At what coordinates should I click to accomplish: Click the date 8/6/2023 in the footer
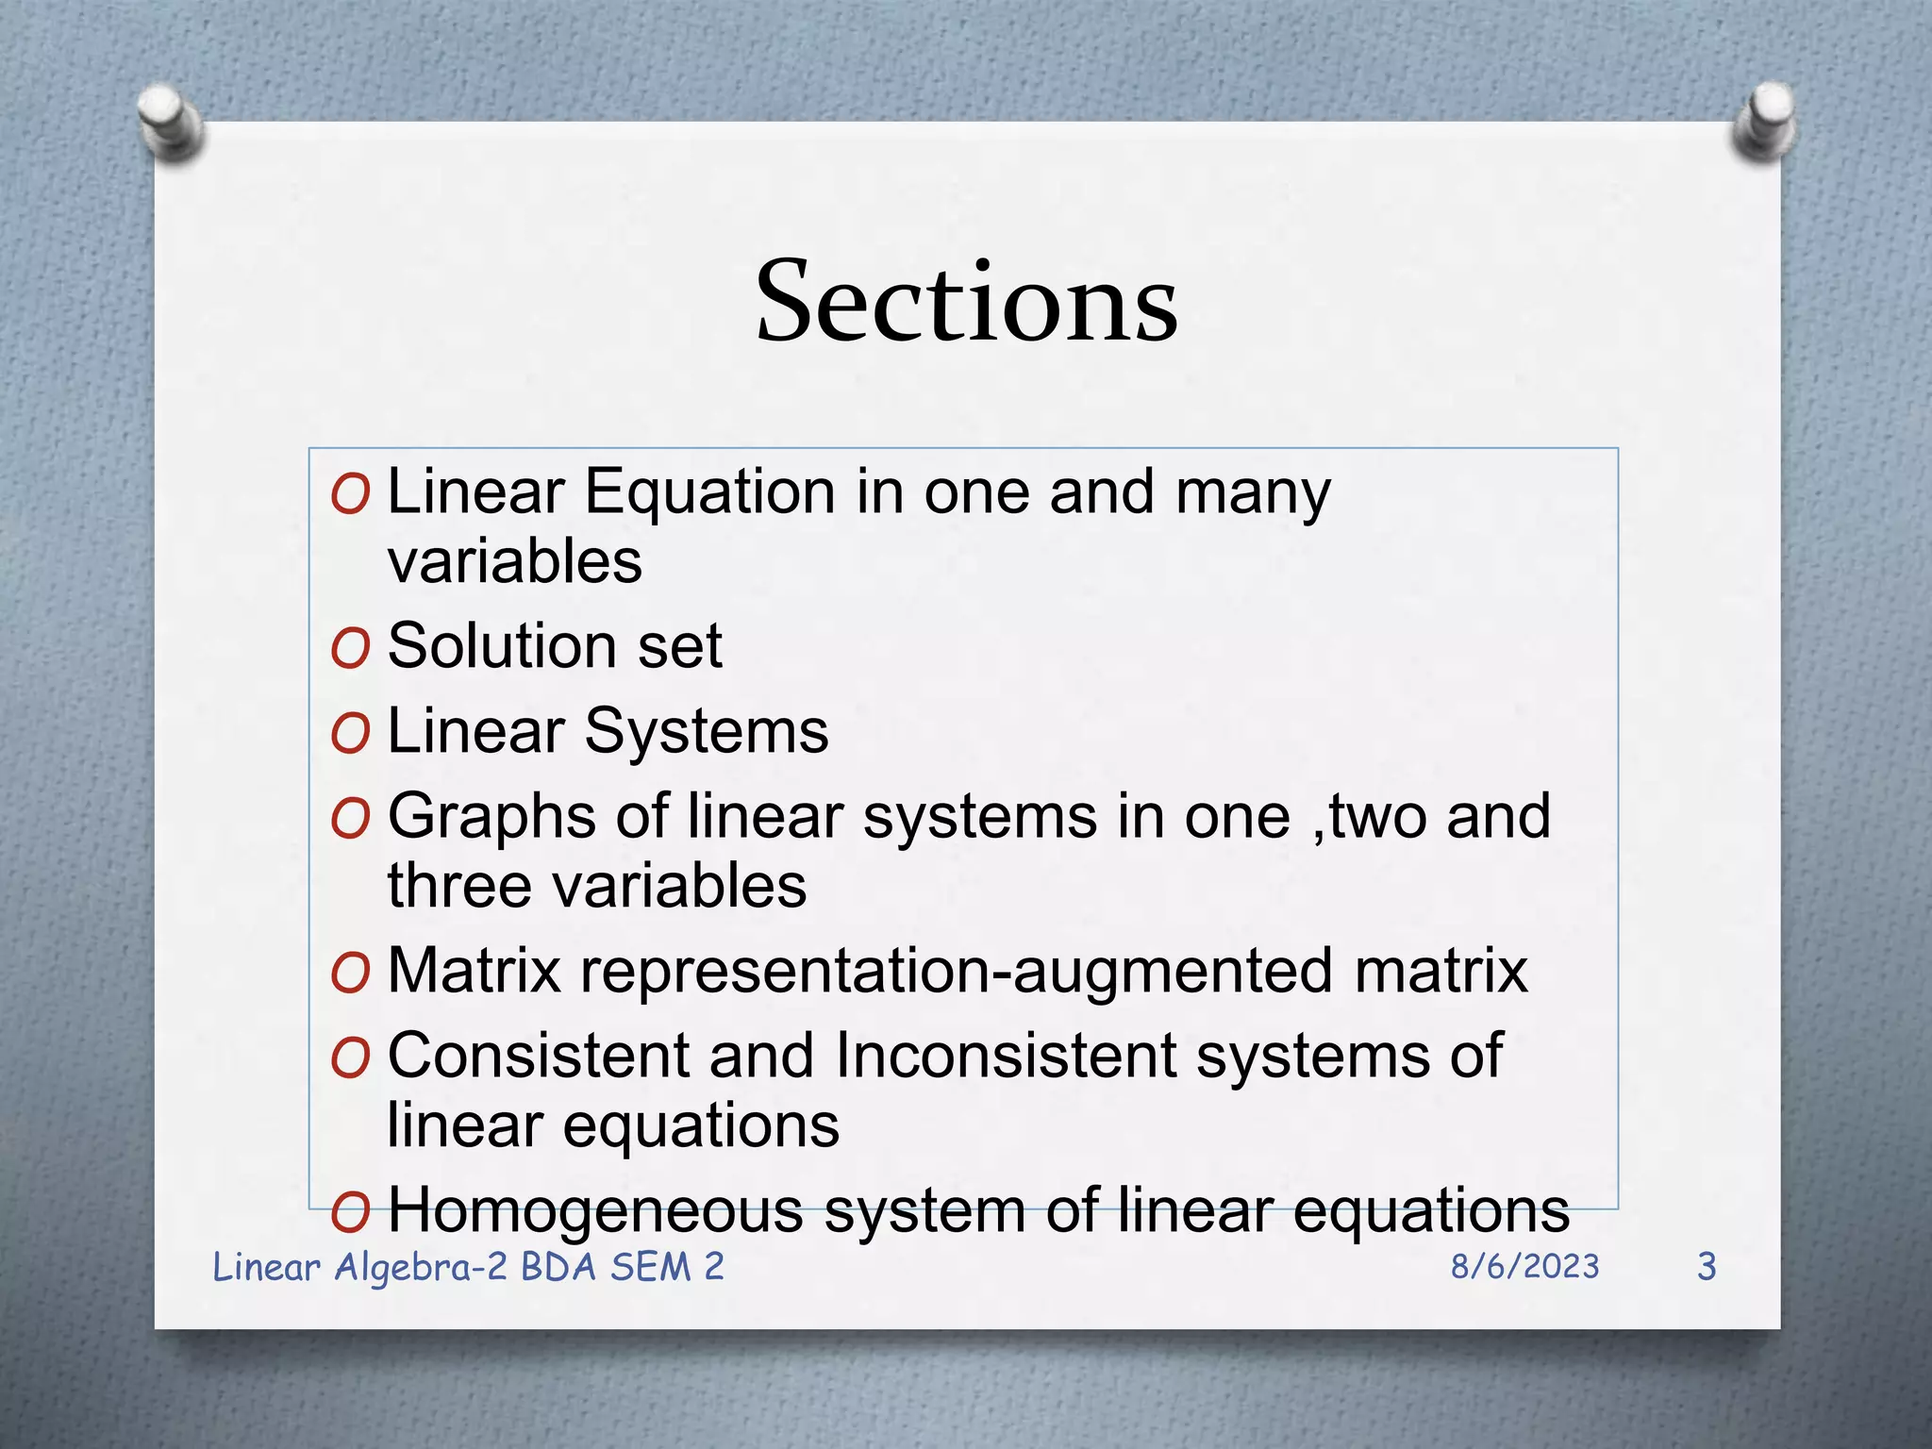[1524, 1267]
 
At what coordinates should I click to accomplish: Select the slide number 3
[1706, 1267]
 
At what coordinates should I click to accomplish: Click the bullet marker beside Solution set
[350, 648]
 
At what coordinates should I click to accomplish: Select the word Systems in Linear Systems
[706, 733]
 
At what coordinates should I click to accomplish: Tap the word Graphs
[491, 818]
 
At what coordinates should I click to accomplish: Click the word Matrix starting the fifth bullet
[475, 971]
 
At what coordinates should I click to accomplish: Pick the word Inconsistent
[1006, 1056]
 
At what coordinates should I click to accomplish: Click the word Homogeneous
[595, 1210]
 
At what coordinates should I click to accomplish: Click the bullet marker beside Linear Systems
[350, 734]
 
